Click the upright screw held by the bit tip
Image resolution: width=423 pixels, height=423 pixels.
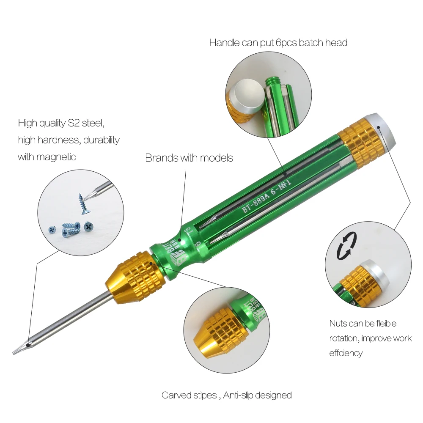81,204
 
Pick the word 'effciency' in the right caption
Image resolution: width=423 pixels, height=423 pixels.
346,353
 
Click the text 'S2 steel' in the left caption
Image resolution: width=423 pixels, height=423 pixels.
86,123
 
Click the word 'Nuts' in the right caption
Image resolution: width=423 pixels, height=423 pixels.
338,324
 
